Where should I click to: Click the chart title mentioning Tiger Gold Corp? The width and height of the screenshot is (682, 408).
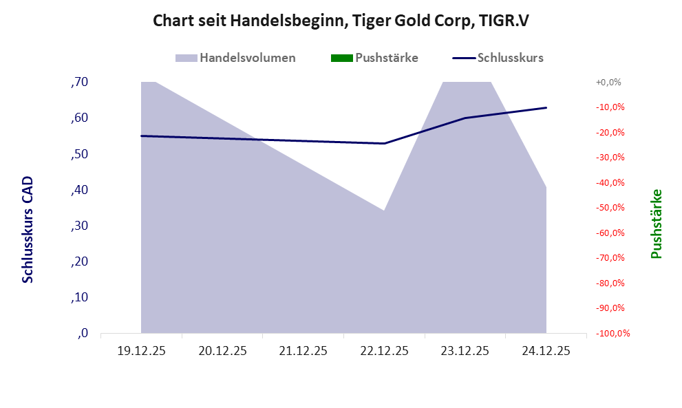tap(341, 21)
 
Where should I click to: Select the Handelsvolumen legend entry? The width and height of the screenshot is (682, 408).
tap(247, 58)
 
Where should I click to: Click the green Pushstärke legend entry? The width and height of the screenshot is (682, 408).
tap(386, 58)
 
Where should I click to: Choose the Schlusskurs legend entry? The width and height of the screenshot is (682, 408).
tap(510, 58)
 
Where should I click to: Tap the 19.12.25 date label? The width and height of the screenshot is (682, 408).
tap(141, 351)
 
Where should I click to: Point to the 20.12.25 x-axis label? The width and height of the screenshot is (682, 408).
tap(222, 351)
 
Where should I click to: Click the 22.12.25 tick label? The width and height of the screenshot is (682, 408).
tap(384, 351)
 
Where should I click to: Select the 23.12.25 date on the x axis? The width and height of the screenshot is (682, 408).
tap(465, 351)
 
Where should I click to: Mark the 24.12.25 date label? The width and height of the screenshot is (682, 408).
tap(546, 351)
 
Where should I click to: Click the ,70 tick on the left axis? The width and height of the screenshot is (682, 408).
tap(79, 83)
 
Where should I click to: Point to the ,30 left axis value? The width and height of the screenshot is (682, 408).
tap(79, 226)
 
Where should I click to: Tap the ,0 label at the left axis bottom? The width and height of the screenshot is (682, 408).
tap(83, 334)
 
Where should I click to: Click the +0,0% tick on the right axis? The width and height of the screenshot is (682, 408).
tap(608, 83)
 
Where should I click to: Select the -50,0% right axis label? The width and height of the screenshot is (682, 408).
tap(608, 208)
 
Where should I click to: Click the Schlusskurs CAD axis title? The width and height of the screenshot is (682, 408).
tap(28, 229)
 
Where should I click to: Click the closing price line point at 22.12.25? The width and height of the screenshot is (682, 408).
tap(384, 143)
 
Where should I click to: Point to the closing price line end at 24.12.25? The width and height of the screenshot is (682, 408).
tap(546, 107)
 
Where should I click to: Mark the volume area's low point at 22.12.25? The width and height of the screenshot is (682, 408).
tap(384, 211)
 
